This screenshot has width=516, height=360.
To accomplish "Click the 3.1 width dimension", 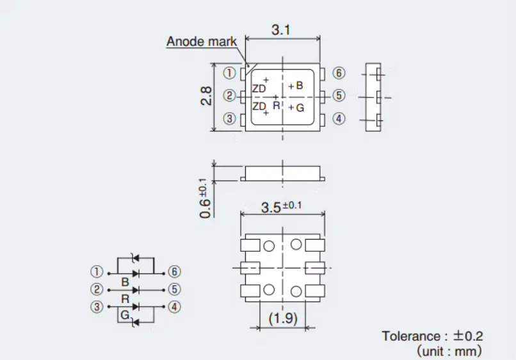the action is click(x=281, y=30).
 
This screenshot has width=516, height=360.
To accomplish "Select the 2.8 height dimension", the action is click(x=206, y=96).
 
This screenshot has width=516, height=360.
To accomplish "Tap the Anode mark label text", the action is click(x=202, y=42).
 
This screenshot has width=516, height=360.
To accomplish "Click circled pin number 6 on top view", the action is click(x=339, y=73).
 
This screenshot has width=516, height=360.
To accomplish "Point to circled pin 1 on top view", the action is click(x=229, y=73).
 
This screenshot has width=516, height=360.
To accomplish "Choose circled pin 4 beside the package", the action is click(x=339, y=119).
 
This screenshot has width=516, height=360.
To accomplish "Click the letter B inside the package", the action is click(x=299, y=86).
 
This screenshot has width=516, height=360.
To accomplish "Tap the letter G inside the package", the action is click(x=300, y=108).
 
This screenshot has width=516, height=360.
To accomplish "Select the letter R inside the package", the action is click(x=277, y=106).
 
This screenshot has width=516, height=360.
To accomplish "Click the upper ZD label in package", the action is click(x=259, y=88).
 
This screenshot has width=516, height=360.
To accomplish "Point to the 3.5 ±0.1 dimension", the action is click(x=281, y=207).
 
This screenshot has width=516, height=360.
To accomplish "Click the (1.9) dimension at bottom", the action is click(x=283, y=318).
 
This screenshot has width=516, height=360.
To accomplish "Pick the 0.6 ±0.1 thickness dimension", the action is click(x=205, y=199).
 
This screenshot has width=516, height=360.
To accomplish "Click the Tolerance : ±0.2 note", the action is click(x=432, y=336).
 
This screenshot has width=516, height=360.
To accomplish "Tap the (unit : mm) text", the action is click(x=449, y=351).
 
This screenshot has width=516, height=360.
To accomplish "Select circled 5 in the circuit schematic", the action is click(x=174, y=289).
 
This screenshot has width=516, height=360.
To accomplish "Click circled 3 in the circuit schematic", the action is click(x=97, y=307).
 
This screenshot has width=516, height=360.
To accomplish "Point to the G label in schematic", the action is click(x=125, y=315).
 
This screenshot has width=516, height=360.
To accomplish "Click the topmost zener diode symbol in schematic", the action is click(x=135, y=258).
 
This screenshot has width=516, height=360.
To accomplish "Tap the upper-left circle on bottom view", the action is click(x=269, y=246).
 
